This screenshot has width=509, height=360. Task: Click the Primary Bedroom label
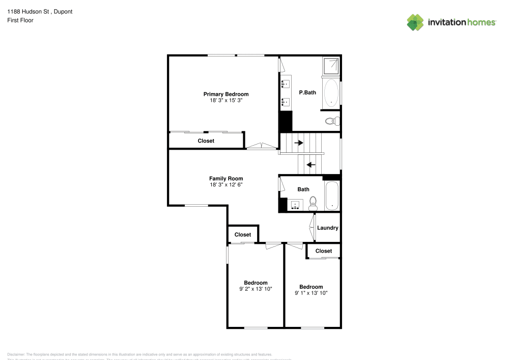[x=226, y=94]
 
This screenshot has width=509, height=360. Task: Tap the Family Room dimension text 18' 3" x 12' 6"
[x=226, y=185]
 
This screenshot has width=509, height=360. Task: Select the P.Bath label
[x=307, y=92]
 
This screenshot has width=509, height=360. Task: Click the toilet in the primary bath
[x=332, y=121]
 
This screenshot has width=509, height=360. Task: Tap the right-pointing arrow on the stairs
[x=298, y=143]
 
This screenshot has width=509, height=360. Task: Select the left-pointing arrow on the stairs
[x=310, y=164]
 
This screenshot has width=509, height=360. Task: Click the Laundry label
[x=327, y=228]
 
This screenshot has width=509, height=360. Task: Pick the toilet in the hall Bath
[x=313, y=204]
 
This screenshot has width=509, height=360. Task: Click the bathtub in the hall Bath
[x=332, y=196]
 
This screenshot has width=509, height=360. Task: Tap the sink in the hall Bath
[x=295, y=206]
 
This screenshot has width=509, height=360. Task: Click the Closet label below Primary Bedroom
[x=206, y=141]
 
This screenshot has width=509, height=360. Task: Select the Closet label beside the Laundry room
[x=324, y=251]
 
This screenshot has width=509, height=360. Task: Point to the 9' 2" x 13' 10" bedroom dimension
[x=256, y=289]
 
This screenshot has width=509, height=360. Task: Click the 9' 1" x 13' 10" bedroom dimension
[x=310, y=293]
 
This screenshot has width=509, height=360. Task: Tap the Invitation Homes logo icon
[x=416, y=22]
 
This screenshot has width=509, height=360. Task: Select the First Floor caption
[x=20, y=20]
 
